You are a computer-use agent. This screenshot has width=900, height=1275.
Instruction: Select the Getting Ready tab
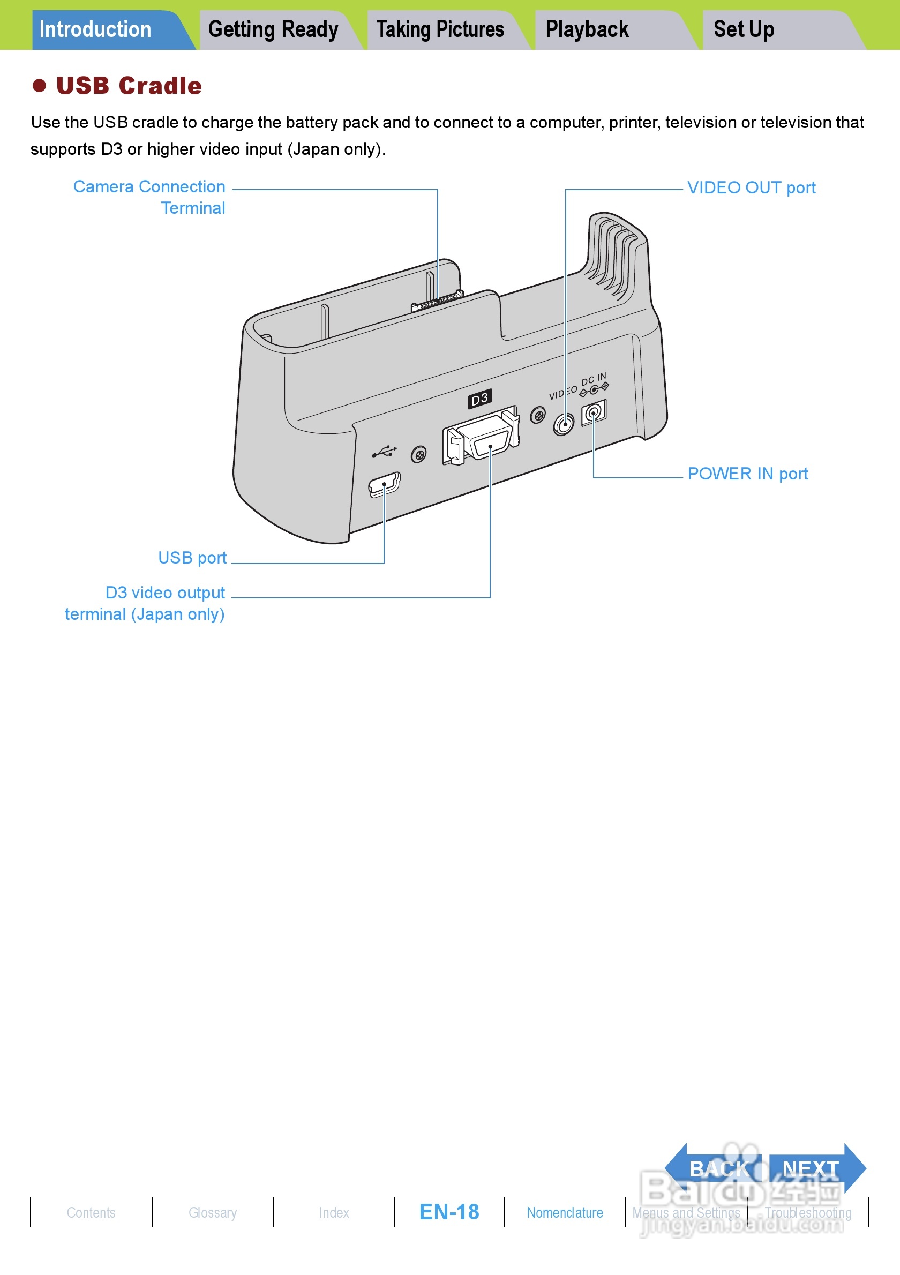coord(273,30)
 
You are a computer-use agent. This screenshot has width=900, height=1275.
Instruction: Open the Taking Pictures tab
coord(440,30)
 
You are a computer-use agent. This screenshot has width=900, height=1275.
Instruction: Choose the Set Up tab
coord(744,30)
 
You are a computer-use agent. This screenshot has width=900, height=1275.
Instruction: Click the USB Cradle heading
coord(129,86)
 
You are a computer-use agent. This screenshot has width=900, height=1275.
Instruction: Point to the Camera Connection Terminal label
coord(150,197)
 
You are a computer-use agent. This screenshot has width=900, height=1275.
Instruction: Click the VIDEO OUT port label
coord(751,187)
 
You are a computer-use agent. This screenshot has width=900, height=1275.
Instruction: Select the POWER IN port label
coord(747,474)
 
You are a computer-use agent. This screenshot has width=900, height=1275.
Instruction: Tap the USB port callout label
coord(192,558)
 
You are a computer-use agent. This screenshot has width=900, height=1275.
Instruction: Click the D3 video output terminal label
coord(146,604)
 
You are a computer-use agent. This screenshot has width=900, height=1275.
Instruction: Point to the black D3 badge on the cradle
coord(479,398)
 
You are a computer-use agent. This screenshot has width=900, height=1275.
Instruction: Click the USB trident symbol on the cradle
coord(384,452)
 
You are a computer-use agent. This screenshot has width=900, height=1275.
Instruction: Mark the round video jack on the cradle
coord(564,425)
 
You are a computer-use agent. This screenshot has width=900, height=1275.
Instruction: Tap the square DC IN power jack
coord(594,412)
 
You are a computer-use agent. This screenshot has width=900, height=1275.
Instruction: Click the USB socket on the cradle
coord(384,484)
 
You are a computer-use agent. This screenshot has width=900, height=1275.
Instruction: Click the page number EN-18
coord(449,1212)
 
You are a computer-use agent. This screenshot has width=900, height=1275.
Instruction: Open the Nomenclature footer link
coord(565,1213)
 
